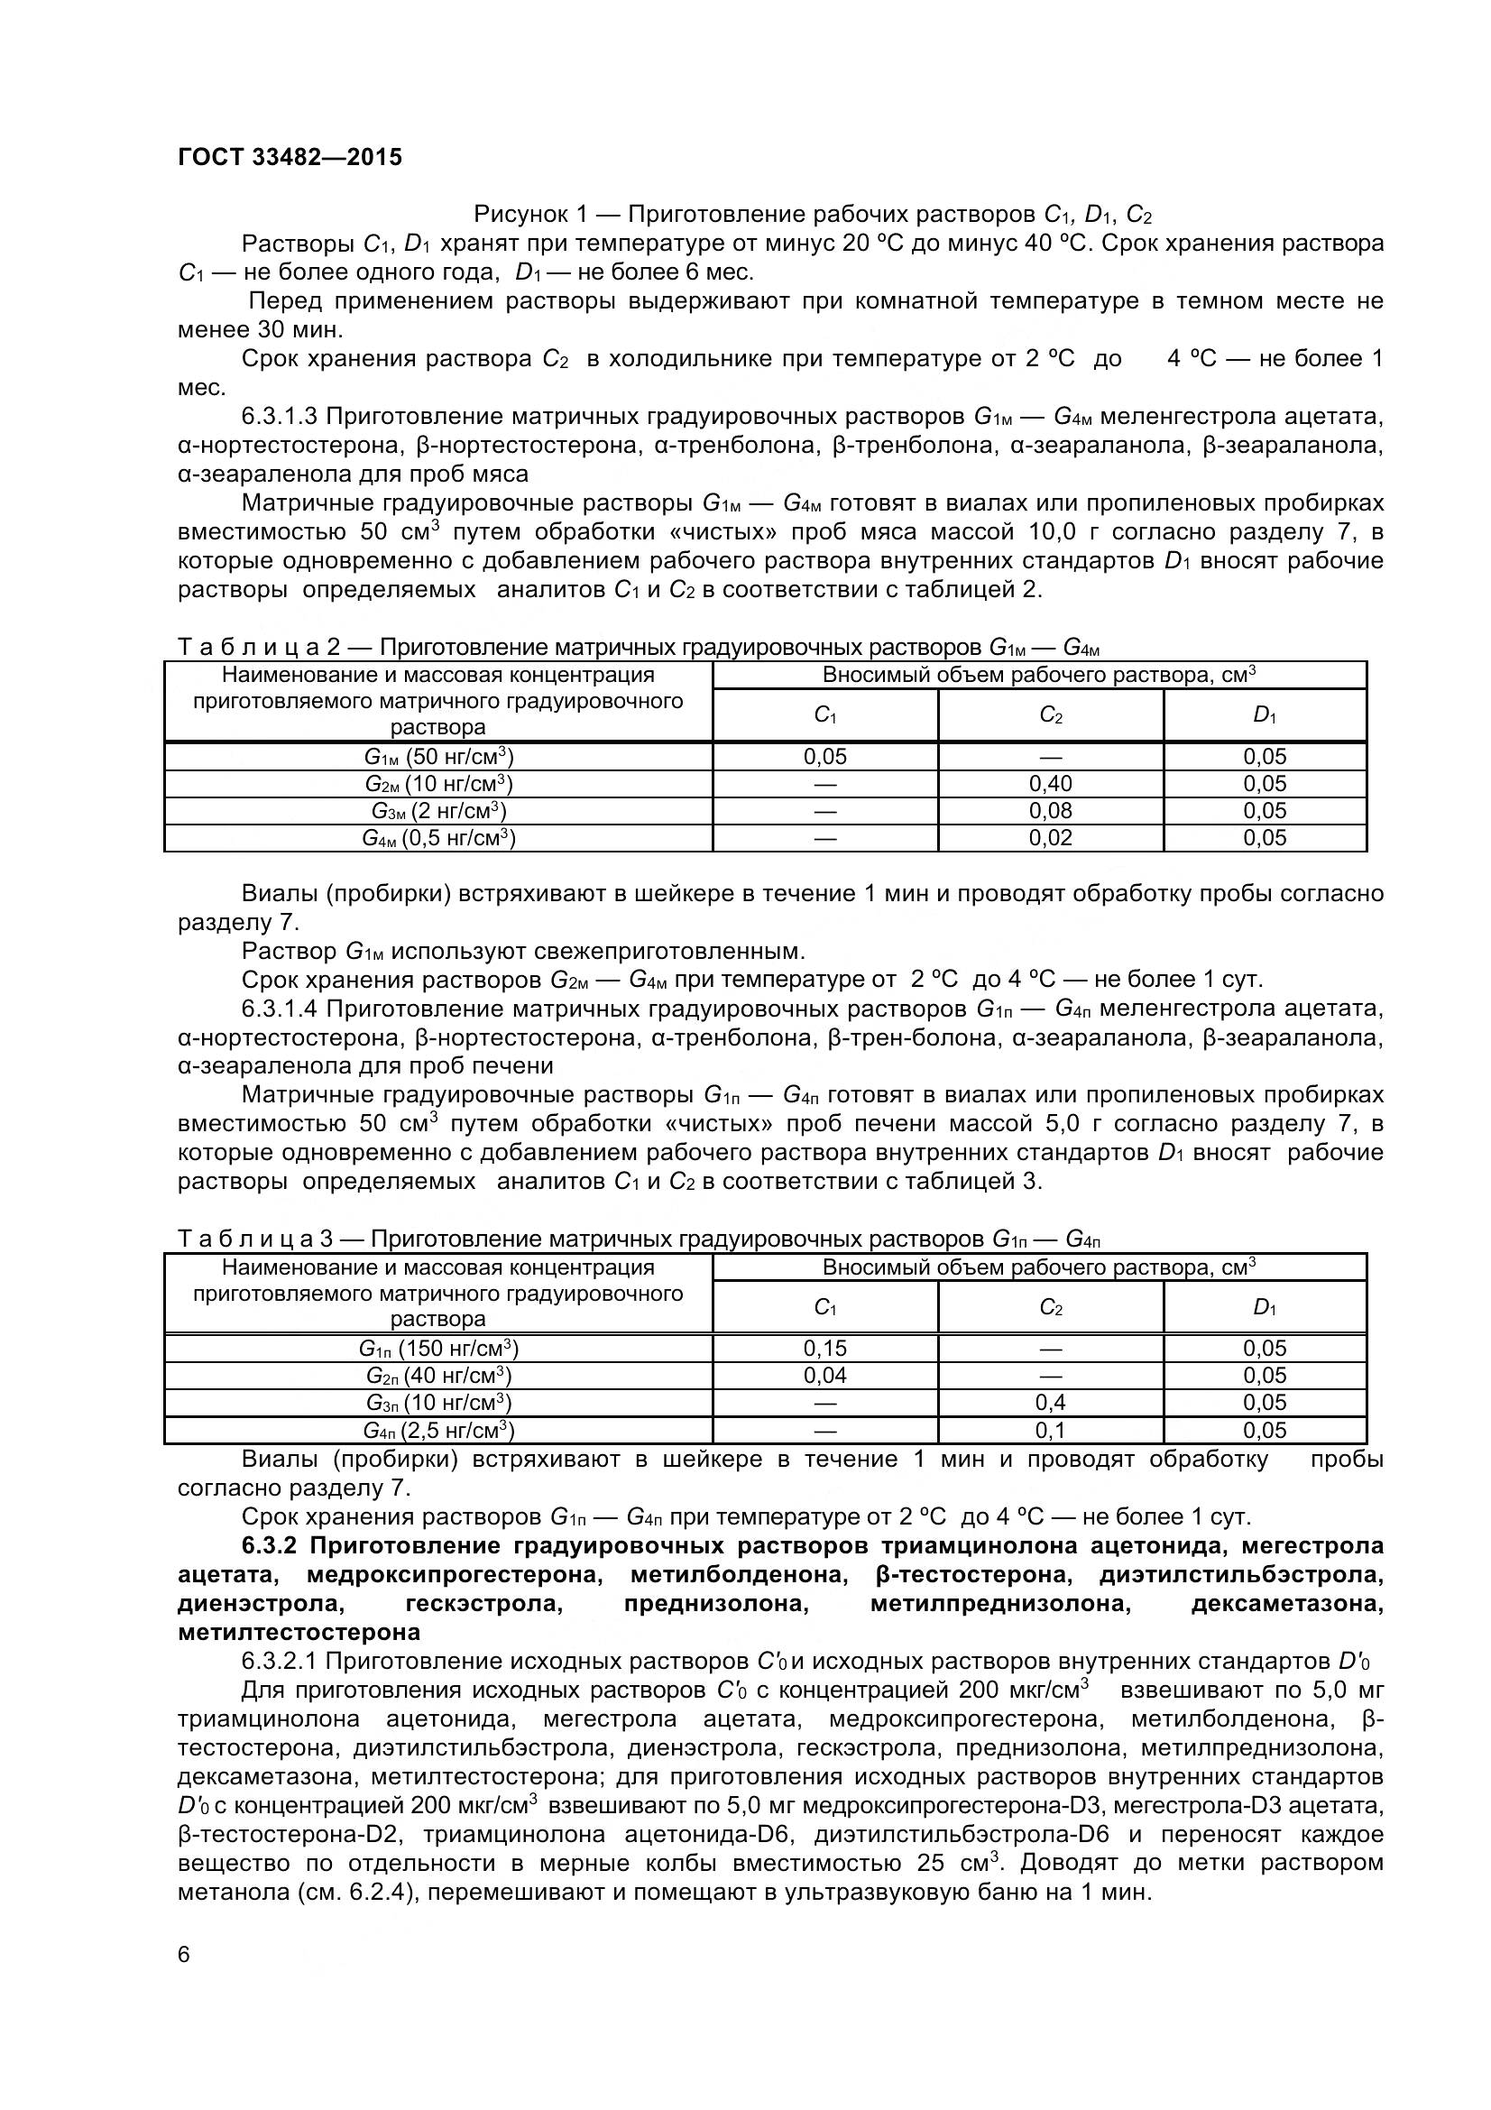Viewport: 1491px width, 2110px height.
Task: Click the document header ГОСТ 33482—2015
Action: tap(290, 157)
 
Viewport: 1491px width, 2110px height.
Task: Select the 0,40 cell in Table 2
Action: tap(1050, 784)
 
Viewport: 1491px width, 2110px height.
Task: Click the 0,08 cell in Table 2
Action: tap(1050, 811)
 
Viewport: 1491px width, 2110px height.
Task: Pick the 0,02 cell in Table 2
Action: tap(1050, 837)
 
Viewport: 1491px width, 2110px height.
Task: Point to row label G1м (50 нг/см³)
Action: tap(438, 757)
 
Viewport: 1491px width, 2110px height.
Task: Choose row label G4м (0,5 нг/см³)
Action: tap(438, 837)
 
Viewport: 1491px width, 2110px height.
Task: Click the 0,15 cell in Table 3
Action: tap(825, 1348)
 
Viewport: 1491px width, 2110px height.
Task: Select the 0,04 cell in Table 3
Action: tap(825, 1375)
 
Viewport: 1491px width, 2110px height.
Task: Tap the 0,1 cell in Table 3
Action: tap(1050, 1430)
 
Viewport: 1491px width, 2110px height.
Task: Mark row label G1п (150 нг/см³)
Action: tap(438, 1348)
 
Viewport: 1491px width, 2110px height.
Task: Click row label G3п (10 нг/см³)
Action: tap(438, 1403)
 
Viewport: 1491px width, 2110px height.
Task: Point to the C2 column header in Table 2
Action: tap(1050, 715)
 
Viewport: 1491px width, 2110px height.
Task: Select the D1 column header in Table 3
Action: tap(1264, 1307)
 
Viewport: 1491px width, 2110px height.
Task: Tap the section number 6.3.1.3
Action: tap(280, 416)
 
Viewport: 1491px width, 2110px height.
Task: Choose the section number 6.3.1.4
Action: tap(280, 1009)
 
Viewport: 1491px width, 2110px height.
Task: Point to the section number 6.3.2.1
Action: tap(280, 1661)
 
